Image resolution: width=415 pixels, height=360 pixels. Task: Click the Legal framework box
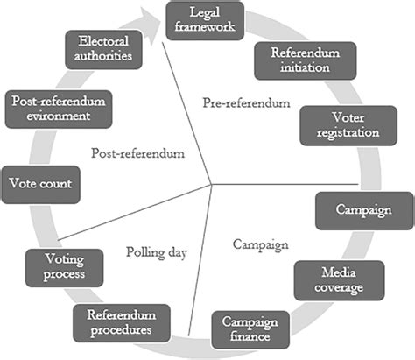click(x=205, y=21)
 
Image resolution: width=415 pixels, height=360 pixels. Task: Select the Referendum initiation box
click(x=306, y=60)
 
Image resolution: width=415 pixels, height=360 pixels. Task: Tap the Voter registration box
click(x=348, y=125)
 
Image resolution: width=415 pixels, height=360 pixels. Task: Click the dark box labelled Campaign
click(x=364, y=210)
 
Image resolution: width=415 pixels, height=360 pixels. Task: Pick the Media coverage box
click(x=339, y=280)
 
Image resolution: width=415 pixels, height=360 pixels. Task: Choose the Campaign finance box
click(x=250, y=329)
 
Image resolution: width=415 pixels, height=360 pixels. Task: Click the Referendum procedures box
click(x=122, y=323)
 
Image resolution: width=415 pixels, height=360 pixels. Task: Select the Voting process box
click(x=64, y=268)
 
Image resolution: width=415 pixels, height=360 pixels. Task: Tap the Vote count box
click(x=40, y=185)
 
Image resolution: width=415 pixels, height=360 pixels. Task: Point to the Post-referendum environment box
click(x=59, y=109)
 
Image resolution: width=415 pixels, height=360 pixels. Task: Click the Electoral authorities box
click(x=103, y=50)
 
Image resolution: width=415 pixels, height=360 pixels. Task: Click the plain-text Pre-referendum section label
click(x=247, y=103)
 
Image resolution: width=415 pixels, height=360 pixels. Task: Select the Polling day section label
click(x=157, y=252)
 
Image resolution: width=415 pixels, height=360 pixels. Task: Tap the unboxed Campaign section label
click(x=261, y=245)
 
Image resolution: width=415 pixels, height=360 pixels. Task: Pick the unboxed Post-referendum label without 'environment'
click(x=138, y=153)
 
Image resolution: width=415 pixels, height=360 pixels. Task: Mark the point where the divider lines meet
click(x=211, y=185)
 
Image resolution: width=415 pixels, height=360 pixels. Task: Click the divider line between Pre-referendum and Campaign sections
click(x=285, y=185)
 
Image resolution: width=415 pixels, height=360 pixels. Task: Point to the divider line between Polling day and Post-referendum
click(x=135, y=212)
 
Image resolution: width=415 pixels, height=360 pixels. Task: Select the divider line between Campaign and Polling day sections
click(x=200, y=260)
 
